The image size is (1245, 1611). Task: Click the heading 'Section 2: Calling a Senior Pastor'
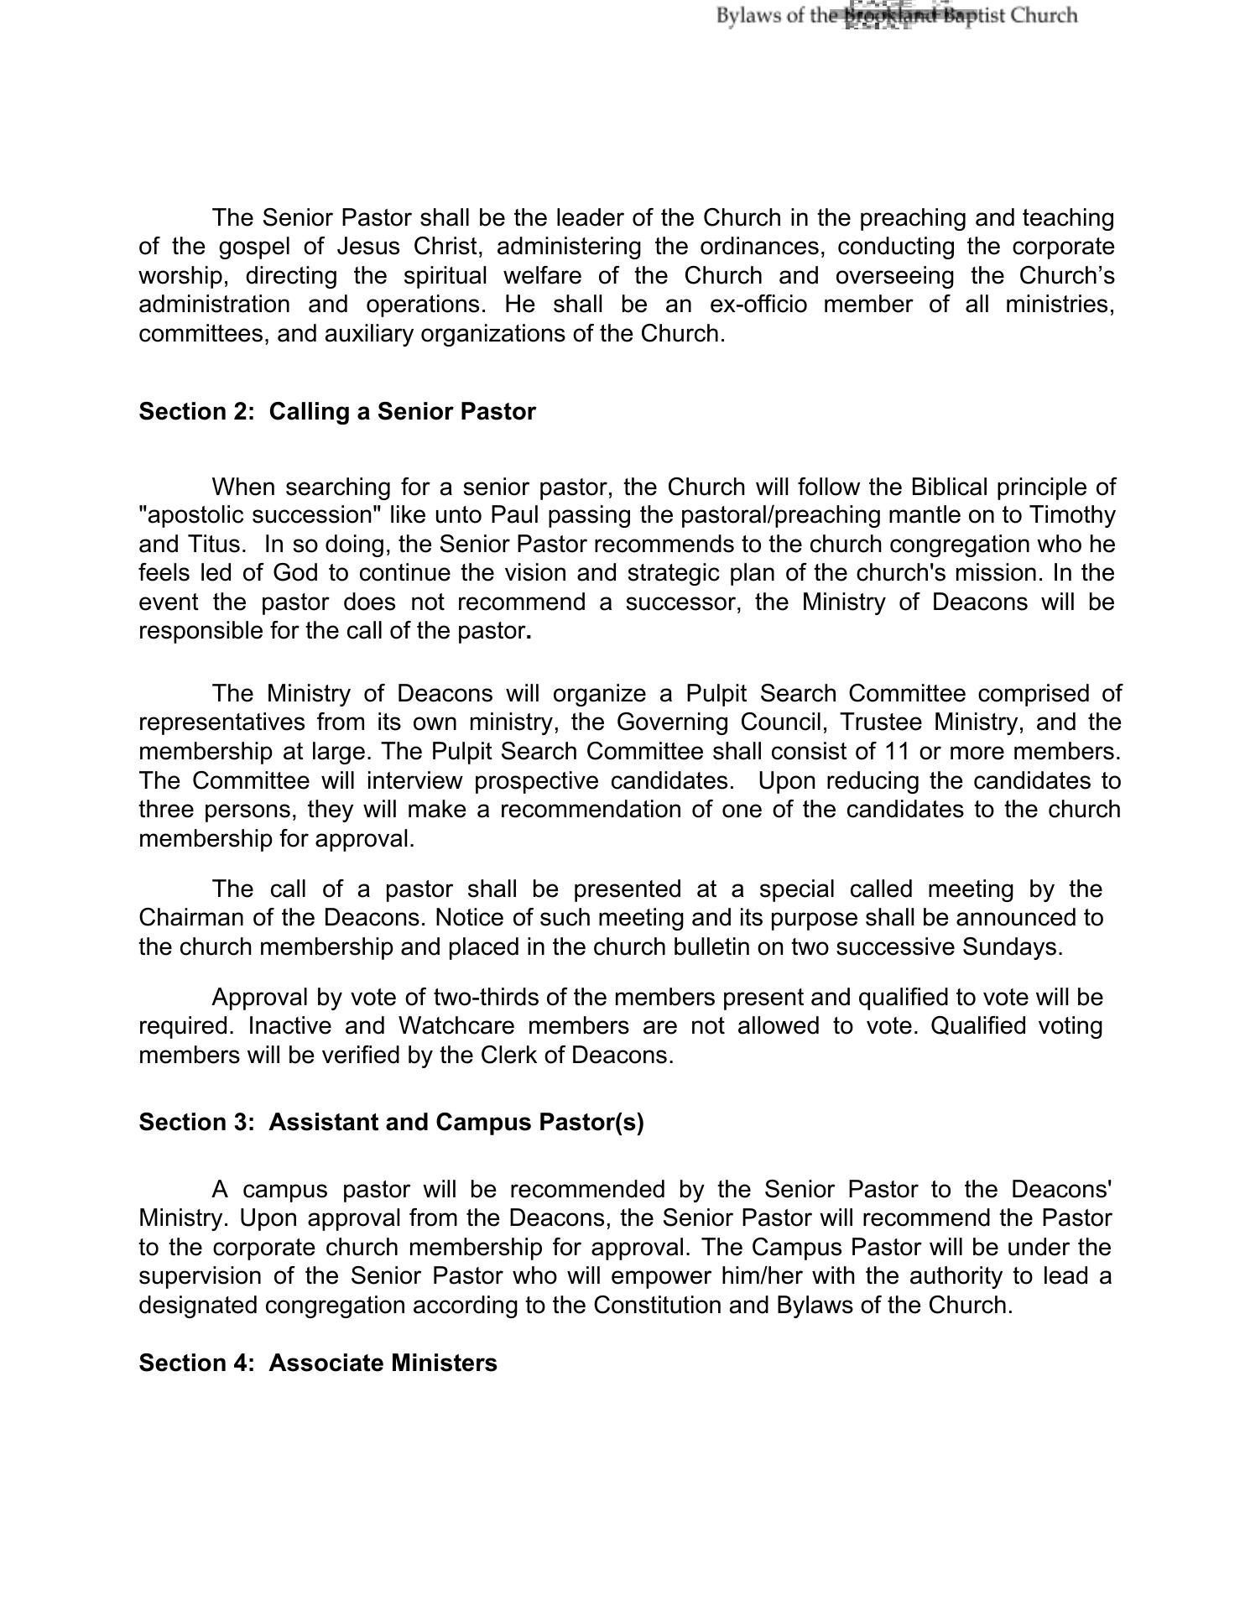click(x=336, y=412)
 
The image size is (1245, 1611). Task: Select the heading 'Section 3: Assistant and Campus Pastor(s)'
click(x=391, y=1123)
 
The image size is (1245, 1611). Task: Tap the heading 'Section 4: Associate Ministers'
click(x=317, y=1363)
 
